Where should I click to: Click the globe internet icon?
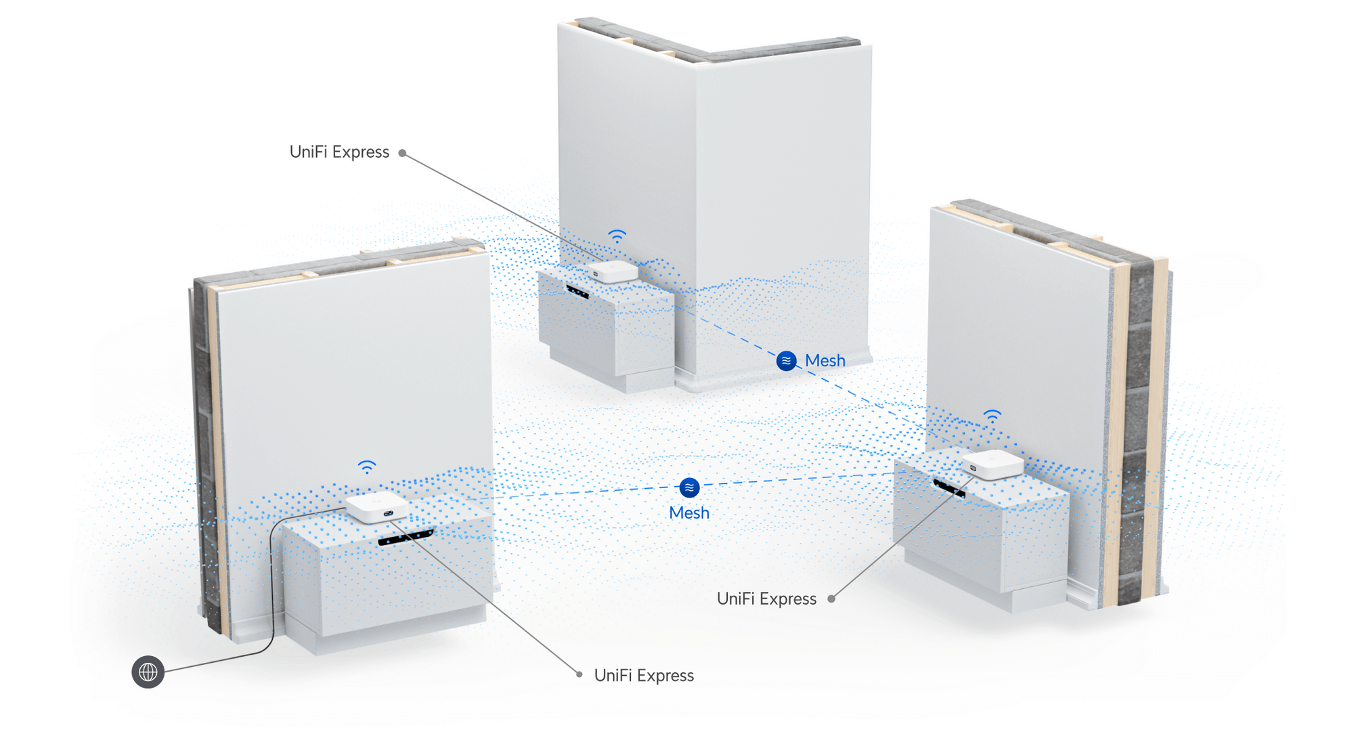click(148, 672)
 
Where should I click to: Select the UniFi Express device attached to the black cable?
click(376, 507)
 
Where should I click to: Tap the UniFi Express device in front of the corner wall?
click(612, 271)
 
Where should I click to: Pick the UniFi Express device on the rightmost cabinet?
click(992, 464)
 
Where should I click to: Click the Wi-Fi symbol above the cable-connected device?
click(367, 466)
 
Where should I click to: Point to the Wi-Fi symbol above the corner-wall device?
click(617, 236)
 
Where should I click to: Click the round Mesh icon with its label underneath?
click(689, 487)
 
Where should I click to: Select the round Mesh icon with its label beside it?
click(786, 361)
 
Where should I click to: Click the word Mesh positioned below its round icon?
click(689, 513)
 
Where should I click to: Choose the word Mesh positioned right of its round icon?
click(825, 361)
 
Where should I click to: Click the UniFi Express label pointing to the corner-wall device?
click(339, 152)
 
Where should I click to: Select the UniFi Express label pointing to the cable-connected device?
click(644, 676)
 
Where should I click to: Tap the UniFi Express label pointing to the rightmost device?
click(766, 599)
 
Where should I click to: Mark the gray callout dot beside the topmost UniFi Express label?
click(402, 153)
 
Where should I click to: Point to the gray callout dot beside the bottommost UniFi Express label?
click(579, 674)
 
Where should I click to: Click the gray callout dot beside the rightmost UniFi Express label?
click(831, 598)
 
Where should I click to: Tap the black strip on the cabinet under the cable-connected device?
click(406, 538)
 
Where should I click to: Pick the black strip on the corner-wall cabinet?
click(577, 292)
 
